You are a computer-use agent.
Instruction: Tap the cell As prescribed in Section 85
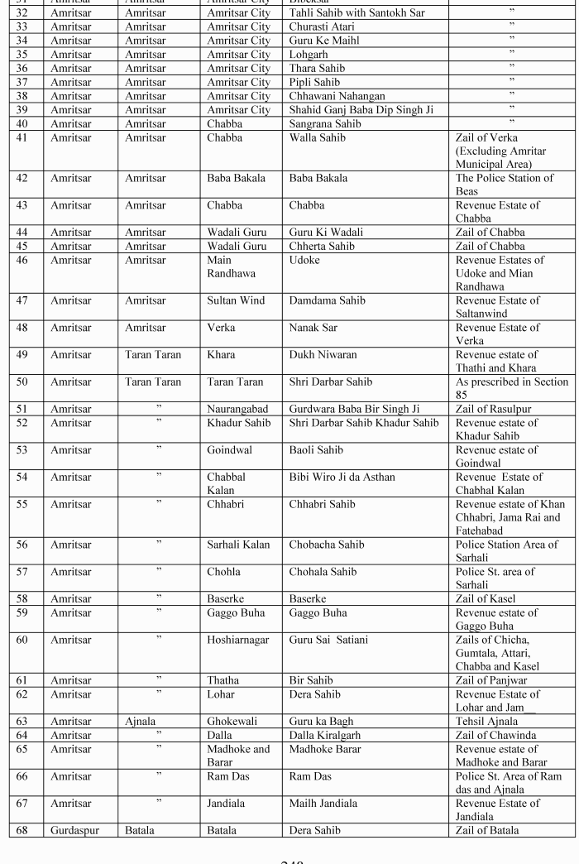click(x=511, y=388)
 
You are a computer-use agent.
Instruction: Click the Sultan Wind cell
click(x=236, y=300)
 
